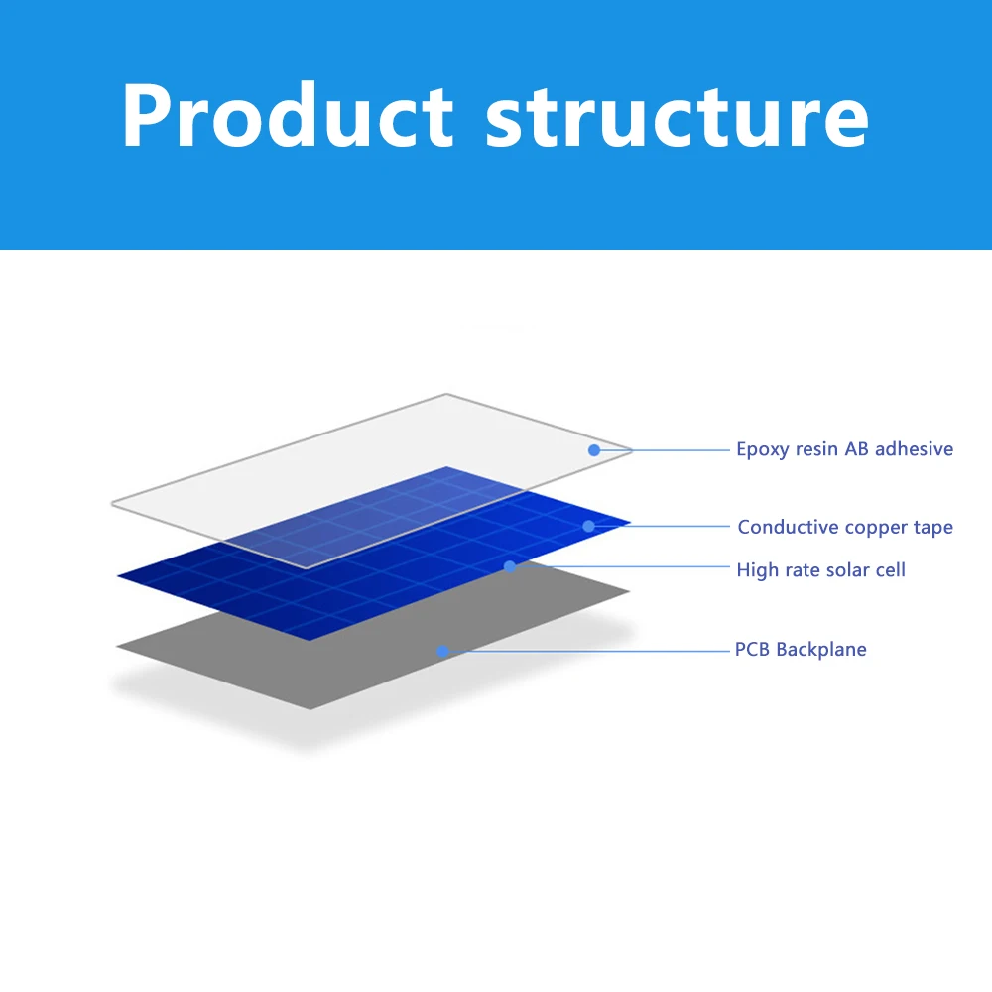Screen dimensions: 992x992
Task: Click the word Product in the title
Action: pos(288,115)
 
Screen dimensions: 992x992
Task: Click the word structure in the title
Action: pos(677,118)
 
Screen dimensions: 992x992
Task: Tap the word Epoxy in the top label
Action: pos(762,449)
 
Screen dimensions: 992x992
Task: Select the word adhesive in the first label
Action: pos(915,448)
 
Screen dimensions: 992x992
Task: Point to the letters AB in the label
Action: pos(857,448)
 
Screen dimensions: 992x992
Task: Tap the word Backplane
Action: pos(821,650)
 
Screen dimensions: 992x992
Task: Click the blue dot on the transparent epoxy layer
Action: pos(594,450)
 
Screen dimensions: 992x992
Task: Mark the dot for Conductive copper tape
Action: pos(588,526)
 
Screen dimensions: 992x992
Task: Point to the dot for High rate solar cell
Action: pos(510,566)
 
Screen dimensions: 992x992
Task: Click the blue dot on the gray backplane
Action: pos(442,651)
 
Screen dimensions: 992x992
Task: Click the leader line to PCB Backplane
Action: pos(586,651)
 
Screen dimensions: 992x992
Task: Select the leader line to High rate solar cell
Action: pos(620,566)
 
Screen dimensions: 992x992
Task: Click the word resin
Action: pos(816,448)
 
